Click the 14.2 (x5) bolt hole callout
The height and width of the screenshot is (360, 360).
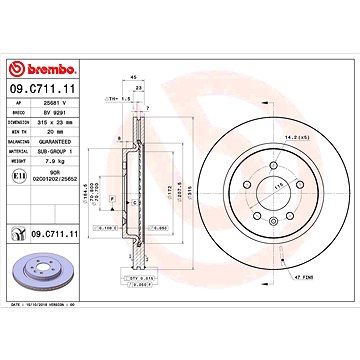point(294,135)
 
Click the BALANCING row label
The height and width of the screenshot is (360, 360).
point(22,134)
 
